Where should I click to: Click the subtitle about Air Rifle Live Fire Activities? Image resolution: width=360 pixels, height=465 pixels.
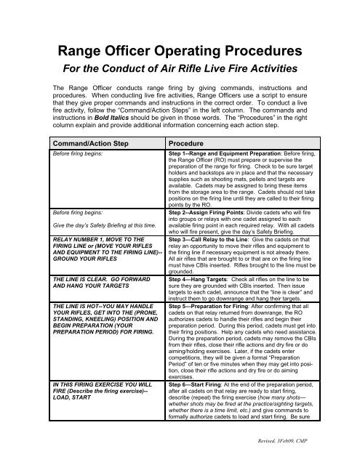pyautogui.click(x=179, y=75)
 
